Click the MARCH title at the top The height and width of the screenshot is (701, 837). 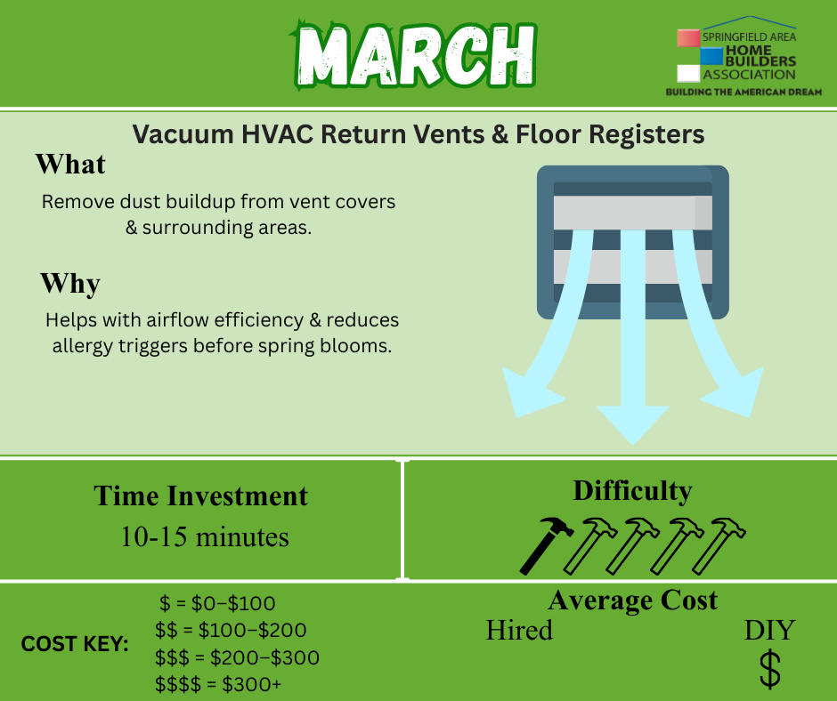tap(415, 55)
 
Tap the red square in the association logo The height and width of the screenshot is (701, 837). tap(688, 38)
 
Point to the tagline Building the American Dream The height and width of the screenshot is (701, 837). tap(744, 93)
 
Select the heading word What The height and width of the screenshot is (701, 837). tap(70, 164)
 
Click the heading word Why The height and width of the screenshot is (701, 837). tap(70, 283)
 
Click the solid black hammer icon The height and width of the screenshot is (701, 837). tap(546, 545)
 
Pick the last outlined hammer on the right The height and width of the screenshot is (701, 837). tap(719, 545)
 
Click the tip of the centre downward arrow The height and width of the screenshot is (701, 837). tap(632, 445)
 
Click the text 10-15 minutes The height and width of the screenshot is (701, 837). tap(205, 536)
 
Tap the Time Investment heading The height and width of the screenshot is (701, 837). tap(200, 496)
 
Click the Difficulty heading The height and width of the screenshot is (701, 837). tap(632, 491)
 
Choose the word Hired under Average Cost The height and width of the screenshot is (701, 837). tap(519, 630)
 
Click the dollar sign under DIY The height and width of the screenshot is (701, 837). tap(769, 669)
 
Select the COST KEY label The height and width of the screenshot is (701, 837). tap(75, 644)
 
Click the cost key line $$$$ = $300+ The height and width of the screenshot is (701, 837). tap(218, 684)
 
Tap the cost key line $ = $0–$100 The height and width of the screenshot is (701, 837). tap(217, 603)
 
